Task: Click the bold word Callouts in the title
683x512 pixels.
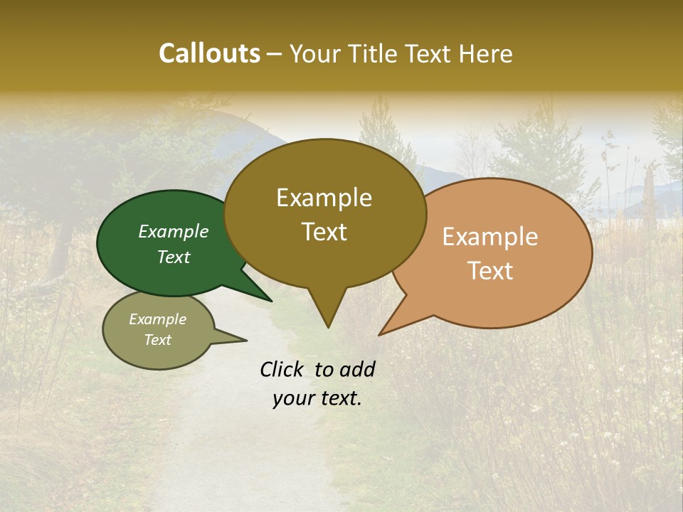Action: tap(209, 53)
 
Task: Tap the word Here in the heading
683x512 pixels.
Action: tap(485, 53)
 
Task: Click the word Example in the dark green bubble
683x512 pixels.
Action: tap(174, 231)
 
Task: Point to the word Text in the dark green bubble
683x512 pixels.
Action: tap(174, 257)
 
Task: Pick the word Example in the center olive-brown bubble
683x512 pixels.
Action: tap(324, 198)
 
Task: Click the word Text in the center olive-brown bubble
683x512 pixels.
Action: tap(324, 232)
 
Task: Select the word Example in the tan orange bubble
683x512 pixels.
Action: tap(490, 237)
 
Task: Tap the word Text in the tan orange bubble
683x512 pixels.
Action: tap(490, 271)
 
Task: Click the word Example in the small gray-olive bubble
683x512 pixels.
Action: tap(158, 319)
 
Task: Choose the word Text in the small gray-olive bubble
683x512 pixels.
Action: tap(158, 340)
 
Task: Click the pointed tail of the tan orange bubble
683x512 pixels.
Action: tap(382, 333)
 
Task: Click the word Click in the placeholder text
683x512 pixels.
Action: tap(283, 369)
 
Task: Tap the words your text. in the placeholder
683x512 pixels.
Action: tap(317, 398)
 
